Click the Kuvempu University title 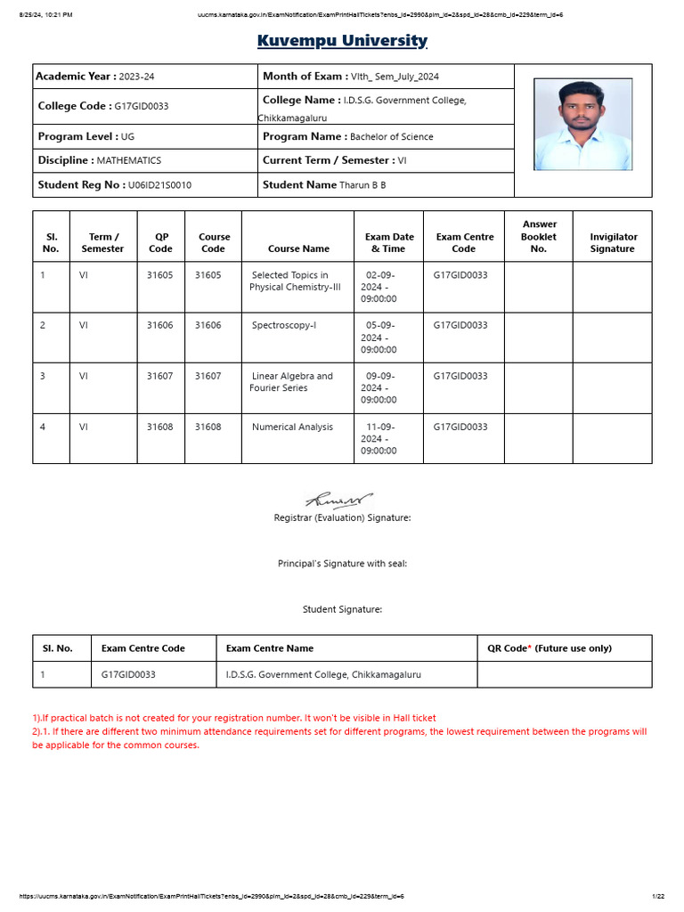(342, 41)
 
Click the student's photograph (582, 124)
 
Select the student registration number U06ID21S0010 (159, 185)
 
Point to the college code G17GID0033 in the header (141, 106)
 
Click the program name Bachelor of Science (392, 137)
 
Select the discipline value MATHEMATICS (129, 161)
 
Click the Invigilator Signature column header (613, 243)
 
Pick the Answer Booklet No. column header (539, 237)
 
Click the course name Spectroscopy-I (283, 326)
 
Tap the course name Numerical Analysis (292, 427)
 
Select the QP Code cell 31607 (160, 377)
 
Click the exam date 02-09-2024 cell (379, 288)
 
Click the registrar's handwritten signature (339, 501)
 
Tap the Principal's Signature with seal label (342, 564)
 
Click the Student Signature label (342, 610)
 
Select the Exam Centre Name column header (270, 648)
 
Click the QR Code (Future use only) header (549, 648)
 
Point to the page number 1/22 (658, 896)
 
